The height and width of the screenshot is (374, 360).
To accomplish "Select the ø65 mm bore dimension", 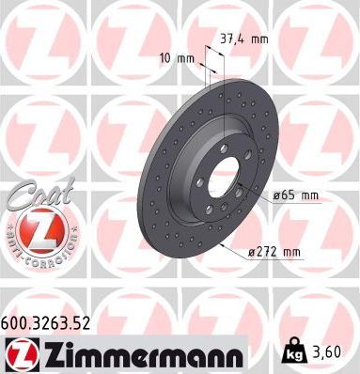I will [x=296, y=195].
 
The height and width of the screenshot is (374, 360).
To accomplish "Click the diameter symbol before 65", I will [x=276, y=195].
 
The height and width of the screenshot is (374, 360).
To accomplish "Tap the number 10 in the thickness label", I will [x=165, y=58].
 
